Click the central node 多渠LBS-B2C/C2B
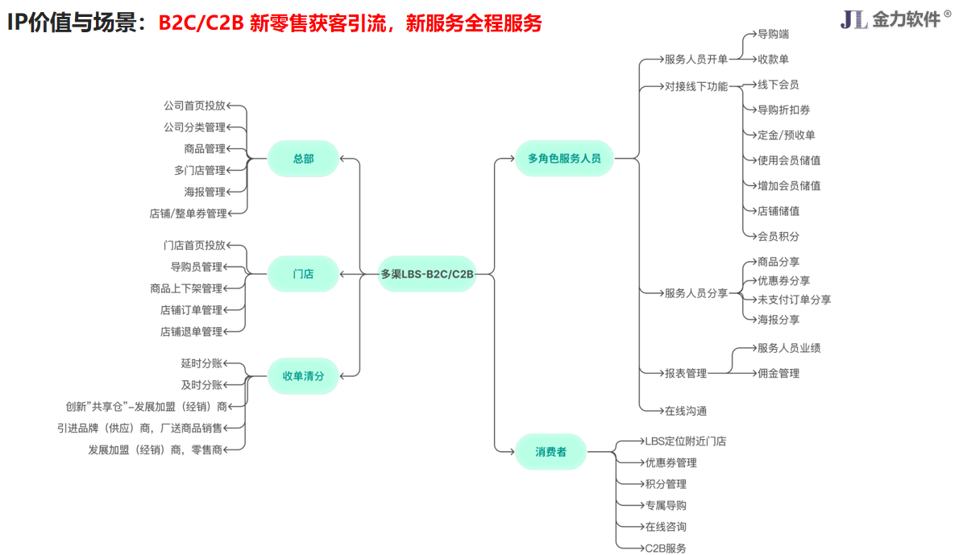[427, 274]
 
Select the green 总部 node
[303, 159]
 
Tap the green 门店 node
[303, 274]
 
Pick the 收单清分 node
[303, 375]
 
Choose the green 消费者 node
[550, 452]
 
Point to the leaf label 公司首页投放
[194, 106]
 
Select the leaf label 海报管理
[205, 192]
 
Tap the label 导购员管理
[196, 267]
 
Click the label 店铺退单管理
[191, 331]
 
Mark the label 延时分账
[201, 363]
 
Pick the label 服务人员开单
[696, 60]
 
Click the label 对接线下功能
[696, 86]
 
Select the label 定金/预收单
[787, 135]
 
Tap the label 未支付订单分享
[794, 300]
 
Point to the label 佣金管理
[778, 373]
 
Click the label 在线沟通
[686, 411]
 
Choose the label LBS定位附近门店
[685, 441]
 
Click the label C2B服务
[666, 548]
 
